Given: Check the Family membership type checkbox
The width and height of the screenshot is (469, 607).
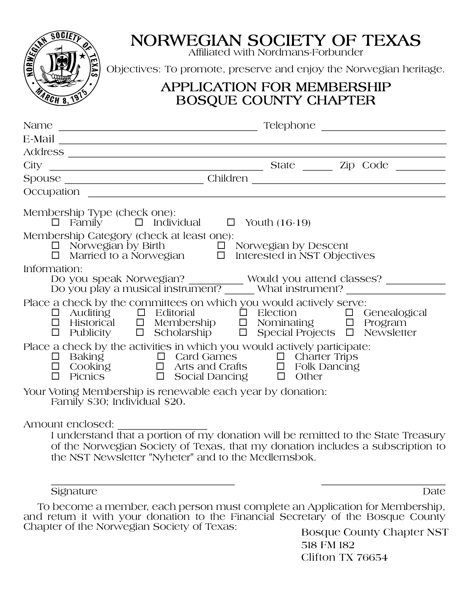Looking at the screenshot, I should click(55, 222).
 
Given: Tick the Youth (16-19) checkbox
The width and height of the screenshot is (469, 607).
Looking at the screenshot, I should click(231, 222).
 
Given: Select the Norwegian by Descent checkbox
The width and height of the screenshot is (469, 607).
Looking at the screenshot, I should click(221, 245).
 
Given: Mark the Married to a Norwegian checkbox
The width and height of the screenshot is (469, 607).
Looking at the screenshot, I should click(55, 255).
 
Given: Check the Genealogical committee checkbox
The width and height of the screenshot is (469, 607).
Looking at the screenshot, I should click(349, 313).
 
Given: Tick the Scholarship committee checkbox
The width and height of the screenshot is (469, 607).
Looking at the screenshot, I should click(140, 332).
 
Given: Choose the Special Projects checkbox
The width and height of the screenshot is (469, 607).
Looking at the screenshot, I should click(243, 332).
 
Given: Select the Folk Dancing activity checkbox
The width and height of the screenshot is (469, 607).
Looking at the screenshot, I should click(281, 366).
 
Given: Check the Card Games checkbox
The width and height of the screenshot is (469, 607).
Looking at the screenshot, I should click(161, 356).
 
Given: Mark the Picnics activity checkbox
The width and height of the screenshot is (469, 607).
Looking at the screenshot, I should click(55, 376).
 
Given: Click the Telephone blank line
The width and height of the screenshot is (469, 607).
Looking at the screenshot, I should click(383, 129).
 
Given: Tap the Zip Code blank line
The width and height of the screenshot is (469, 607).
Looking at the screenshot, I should click(420, 169).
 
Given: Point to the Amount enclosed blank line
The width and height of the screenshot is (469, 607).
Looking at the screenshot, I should click(162, 428).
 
